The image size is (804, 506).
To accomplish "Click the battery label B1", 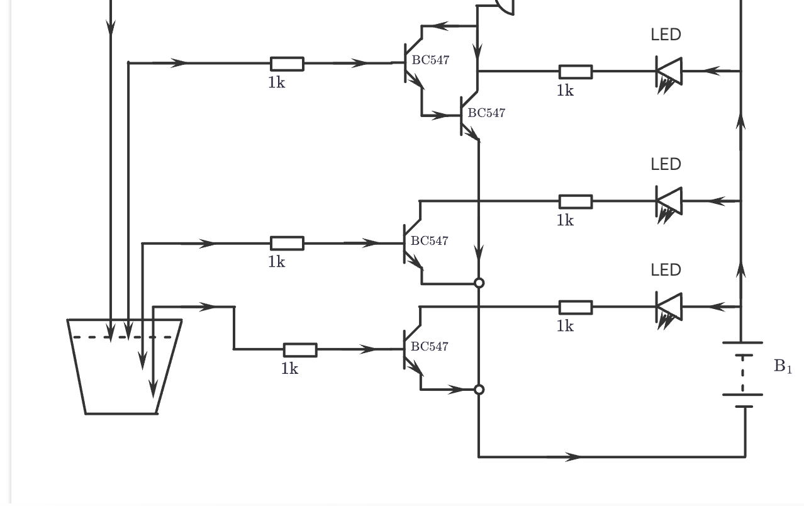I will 782,366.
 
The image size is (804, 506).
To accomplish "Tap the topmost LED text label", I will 666,35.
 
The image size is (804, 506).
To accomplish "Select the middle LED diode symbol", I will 669,201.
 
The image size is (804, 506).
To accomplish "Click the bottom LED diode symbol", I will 669,307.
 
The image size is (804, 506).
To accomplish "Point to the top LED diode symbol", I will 669,71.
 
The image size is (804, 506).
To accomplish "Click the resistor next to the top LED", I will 575,71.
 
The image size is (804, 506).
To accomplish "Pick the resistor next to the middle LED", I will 575,201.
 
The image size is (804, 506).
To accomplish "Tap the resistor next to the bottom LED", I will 575,307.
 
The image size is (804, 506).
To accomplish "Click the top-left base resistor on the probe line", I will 287,64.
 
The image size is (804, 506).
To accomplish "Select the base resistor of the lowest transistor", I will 300,350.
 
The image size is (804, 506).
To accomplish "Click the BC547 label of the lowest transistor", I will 430,347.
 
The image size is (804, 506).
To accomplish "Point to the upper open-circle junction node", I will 479,283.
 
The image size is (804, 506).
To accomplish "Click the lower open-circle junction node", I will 479,390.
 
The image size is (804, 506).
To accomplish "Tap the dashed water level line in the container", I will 123,337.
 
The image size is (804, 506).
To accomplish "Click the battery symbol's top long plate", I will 742,343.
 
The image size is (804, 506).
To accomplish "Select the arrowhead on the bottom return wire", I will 573,457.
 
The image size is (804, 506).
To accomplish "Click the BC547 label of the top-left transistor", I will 431,60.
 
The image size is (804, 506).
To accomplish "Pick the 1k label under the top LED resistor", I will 565,91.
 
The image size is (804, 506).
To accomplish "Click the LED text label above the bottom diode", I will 666,270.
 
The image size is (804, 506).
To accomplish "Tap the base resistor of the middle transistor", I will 287,244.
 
